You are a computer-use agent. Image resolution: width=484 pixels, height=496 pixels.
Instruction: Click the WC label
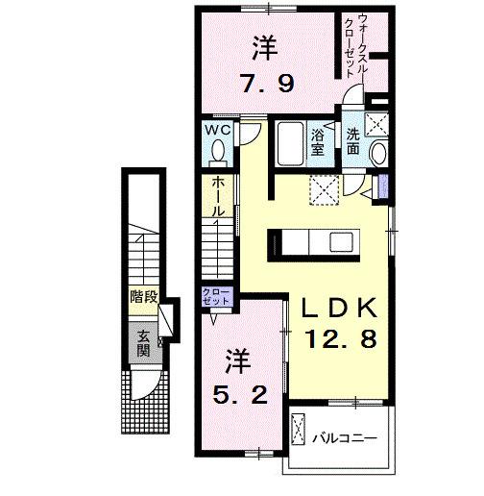click(x=215, y=129)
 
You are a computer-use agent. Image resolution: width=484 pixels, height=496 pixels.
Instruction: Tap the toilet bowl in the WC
click(x=216, y=151)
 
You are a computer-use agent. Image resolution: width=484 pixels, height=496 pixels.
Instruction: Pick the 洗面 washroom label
click(x=353, y=142)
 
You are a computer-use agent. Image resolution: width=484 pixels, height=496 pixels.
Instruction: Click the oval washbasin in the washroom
click(x=377, y=154)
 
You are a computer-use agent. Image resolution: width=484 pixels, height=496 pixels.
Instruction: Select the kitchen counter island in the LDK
click(x=314, y=239)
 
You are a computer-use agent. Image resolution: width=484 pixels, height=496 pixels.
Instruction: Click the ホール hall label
click(x=220, y=196)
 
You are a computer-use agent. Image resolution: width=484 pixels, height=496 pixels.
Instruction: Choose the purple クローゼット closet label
click(x=216, y=297)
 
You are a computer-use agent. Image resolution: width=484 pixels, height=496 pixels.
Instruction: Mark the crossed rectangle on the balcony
click(x=300, y=430)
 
